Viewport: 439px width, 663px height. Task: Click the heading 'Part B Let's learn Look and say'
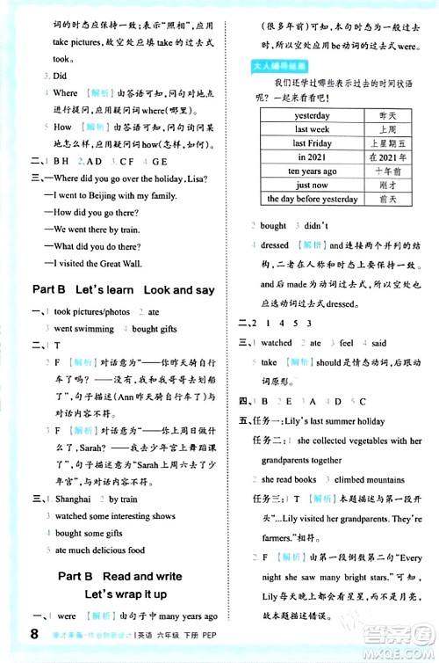[x=122, y=289]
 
